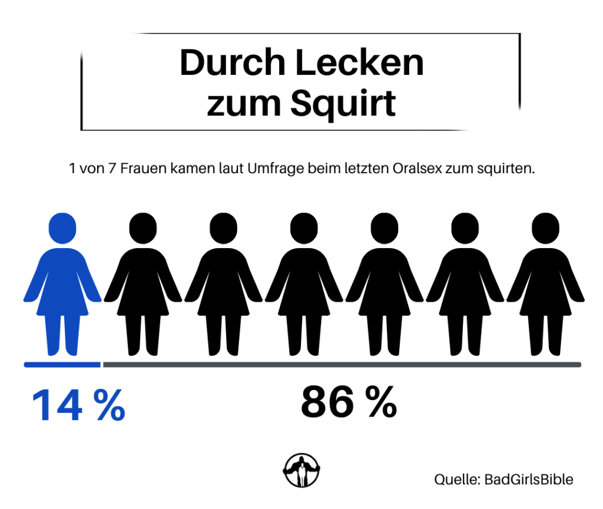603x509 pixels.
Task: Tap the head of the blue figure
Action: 62,229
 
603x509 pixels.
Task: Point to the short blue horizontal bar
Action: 62,365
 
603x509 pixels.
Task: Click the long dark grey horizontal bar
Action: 342,365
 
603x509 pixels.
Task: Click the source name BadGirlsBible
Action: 528,480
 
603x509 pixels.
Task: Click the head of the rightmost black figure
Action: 545,229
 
